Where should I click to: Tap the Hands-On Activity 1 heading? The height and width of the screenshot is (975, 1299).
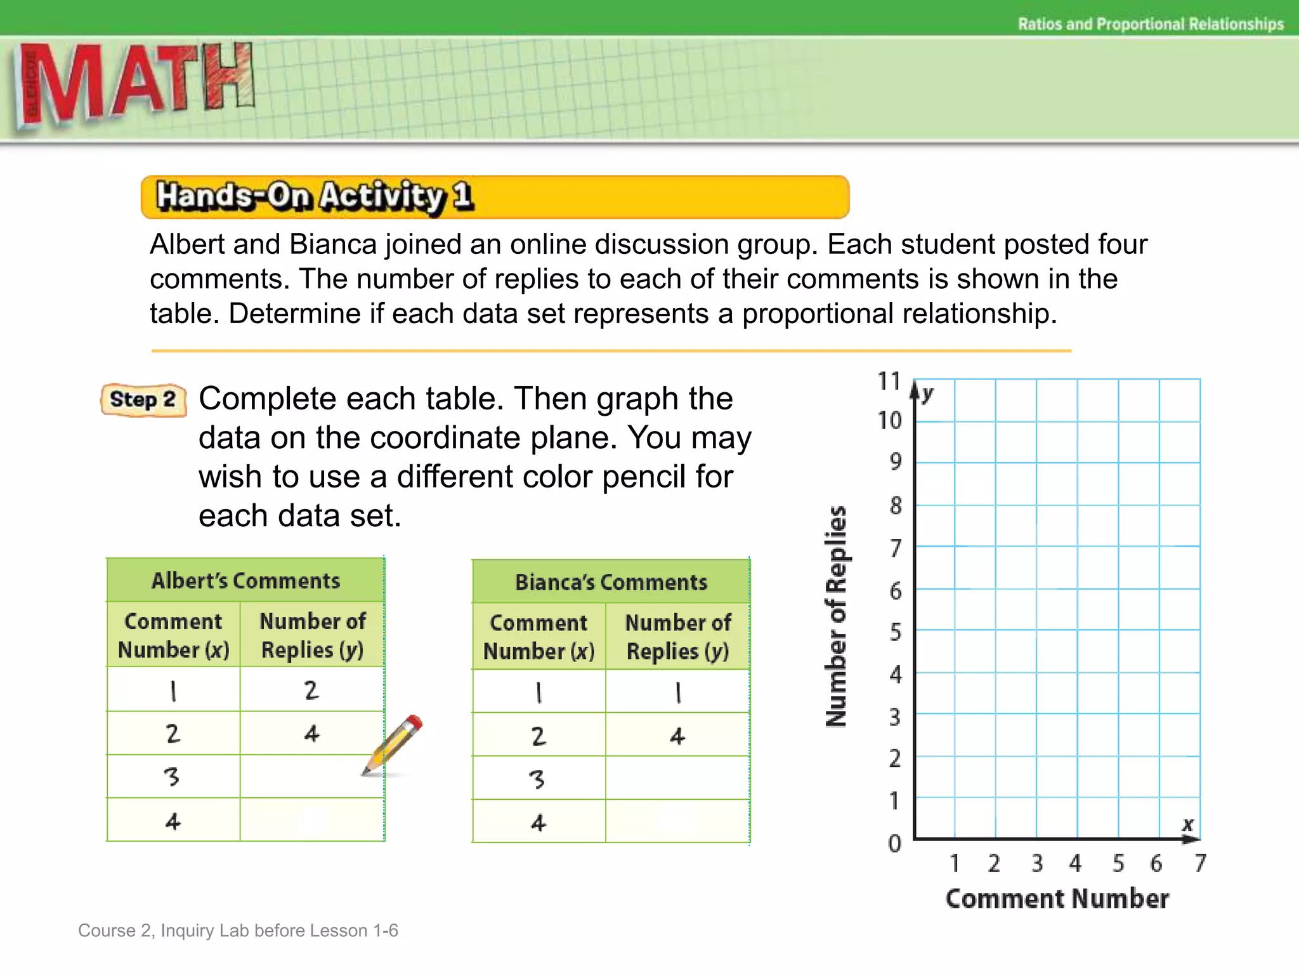click(314, 196)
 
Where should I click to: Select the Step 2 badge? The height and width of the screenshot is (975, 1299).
click(143, 400)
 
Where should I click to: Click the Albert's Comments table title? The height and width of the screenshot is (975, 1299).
click(245, 581)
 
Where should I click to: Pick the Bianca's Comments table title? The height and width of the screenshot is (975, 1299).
click(611, 582)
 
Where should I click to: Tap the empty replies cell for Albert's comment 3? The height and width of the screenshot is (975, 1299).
click(312, 776)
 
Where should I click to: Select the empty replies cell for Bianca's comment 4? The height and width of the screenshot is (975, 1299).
click(677, 821)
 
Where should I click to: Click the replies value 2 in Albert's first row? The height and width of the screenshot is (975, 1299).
click(311, 690)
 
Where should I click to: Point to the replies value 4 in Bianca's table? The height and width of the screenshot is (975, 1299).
click(677, 736)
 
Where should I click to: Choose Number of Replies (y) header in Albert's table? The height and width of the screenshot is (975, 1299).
click(312, 635)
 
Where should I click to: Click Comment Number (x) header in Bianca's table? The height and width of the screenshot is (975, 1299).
click(539, 637)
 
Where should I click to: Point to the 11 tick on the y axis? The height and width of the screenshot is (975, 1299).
click(889, 381)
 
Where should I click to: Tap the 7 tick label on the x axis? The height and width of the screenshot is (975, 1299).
click(1200, 863)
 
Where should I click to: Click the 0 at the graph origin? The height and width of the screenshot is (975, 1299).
click(894, 844)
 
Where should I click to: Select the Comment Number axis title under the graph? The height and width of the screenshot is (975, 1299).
click(1057, 899)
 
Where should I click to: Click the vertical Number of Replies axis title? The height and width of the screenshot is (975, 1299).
click(837, 616)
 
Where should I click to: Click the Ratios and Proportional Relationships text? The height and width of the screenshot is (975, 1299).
click(1151, 24)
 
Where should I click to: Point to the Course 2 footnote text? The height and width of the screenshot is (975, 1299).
click(238, 931)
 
